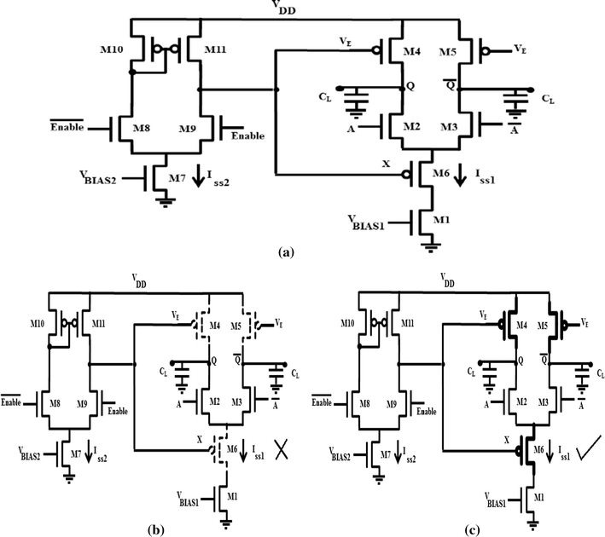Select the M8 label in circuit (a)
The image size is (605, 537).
point(146,130)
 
